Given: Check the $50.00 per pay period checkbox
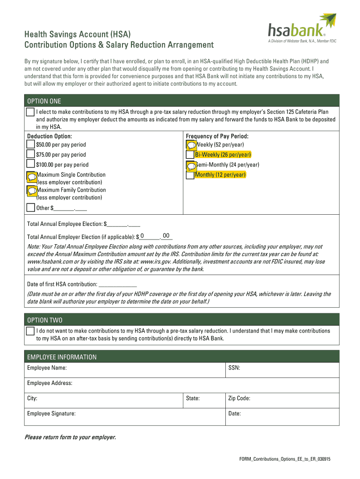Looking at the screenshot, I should click(x=31, y=145).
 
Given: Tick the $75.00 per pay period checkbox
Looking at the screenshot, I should click(x=31, y=154).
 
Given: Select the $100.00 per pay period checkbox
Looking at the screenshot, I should click(x=31, y=165).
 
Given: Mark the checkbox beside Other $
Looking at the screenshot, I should click(x=31, y=208).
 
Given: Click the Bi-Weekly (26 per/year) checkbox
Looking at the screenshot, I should click(x=190, y=155).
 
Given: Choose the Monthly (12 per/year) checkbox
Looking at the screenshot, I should click(x=190, y=175).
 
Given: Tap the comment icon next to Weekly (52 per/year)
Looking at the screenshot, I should click(x=191, y=145).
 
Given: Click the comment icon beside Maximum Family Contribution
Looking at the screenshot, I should click(x=32, y=190).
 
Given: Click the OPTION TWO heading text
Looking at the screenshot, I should click(x=45, y=320).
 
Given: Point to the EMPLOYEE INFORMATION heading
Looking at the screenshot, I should click(x=62, y=357).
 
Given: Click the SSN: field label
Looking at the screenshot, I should click(x=234, y=368).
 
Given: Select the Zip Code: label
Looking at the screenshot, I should click(x=239, y=399).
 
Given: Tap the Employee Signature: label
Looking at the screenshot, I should click(x=51, y=414).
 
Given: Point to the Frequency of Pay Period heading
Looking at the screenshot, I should click(x=217, y=136).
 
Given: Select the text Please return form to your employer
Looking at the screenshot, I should click(x=70, y=437).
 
